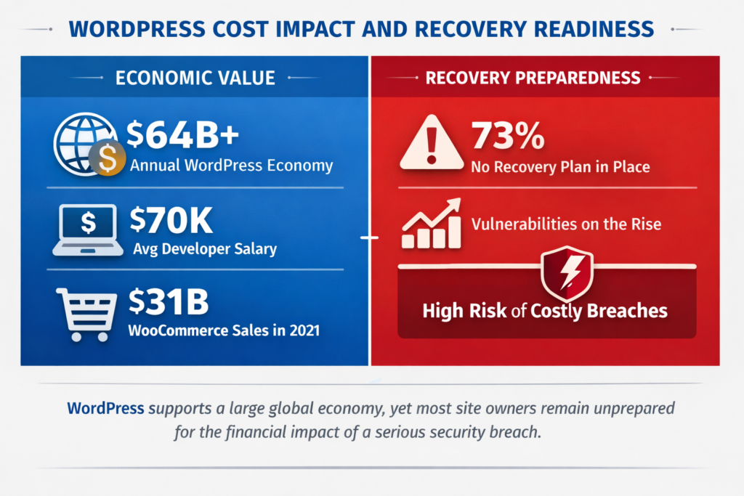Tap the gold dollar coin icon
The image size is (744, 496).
coord(107,158)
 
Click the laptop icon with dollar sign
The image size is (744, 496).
coord(88,229)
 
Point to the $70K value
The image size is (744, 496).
coord(171,220)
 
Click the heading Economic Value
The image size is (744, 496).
coord(195,77)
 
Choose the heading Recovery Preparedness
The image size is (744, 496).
coord(533,77)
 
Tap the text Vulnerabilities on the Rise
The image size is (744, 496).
coord(566,224)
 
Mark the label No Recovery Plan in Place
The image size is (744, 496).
coord(560,167)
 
